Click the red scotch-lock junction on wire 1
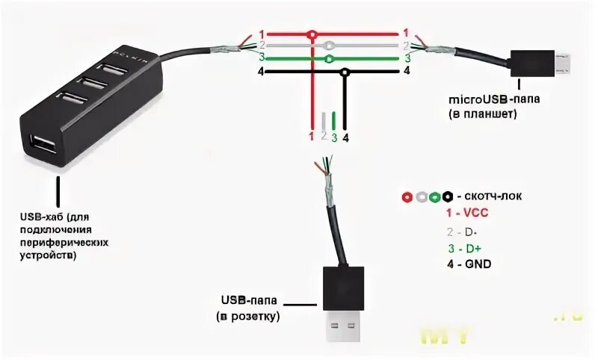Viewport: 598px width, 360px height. click(x=312, y=34)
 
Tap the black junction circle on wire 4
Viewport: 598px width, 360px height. click(x=345, y=72)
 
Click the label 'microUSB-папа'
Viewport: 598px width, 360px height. click(x=487, y=99)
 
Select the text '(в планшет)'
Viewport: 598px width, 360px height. click(x=483, y=115)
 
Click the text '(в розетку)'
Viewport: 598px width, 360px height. click(x=249, y=317)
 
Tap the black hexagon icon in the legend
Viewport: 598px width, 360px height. click(x=446, y=197)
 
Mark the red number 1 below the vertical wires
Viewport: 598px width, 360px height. click(x=312, y=136)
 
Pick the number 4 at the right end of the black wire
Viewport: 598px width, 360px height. click(x=407, y=72)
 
